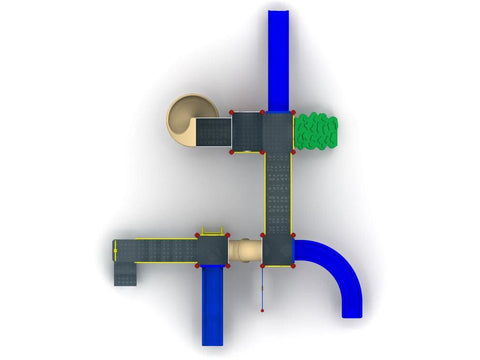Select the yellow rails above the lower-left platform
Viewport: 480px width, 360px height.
[212, 232]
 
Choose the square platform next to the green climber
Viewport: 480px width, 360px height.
[278, 132]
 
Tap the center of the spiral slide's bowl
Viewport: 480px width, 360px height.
[184, 113]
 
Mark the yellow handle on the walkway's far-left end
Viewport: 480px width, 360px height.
[114, 250]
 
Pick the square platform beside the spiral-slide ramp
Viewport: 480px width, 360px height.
[246, 132]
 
